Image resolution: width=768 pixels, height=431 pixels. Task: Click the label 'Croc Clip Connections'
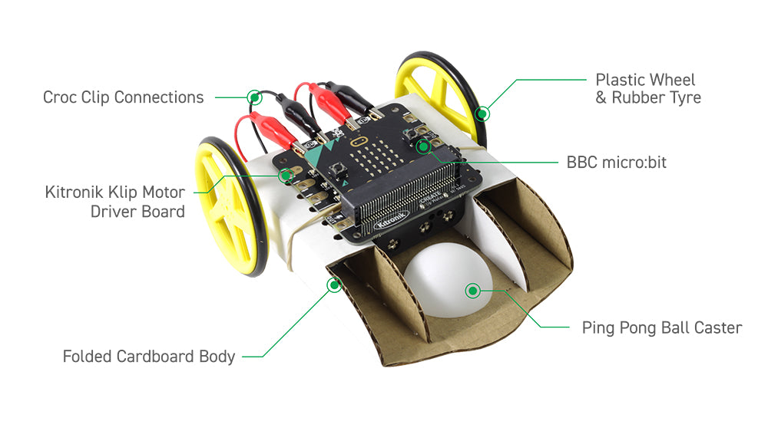click(124, 97)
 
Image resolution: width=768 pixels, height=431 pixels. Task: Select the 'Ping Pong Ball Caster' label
click(661, 328)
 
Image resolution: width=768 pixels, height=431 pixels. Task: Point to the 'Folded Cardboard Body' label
click(149, 357)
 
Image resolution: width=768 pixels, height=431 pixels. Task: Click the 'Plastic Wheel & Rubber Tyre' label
click(647, 89)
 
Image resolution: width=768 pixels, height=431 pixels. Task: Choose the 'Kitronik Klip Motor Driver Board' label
click(115, 202)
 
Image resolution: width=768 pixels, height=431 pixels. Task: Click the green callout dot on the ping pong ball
click(473, 290)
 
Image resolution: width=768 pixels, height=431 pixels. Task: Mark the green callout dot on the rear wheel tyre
click(482, 114)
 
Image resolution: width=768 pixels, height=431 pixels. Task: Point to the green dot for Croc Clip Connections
click(253, 97)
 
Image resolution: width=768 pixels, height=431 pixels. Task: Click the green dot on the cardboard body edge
click(334, 285)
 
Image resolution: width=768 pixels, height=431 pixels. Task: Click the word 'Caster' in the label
click(716, 328)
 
